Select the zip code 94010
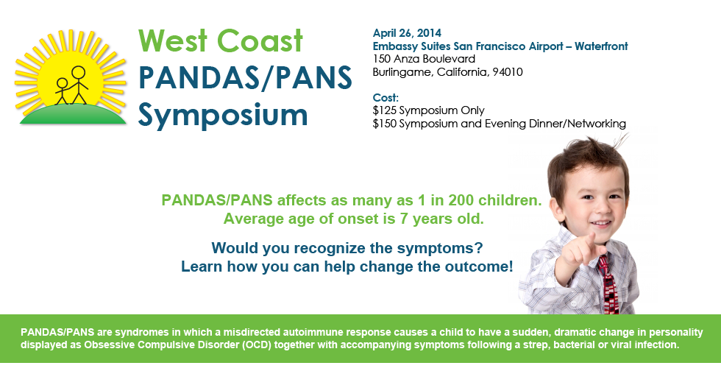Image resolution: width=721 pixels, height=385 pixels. point(505,71)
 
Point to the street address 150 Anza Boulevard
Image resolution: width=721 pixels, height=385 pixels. point(424,59)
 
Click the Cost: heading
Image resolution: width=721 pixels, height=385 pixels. point(386,97)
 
